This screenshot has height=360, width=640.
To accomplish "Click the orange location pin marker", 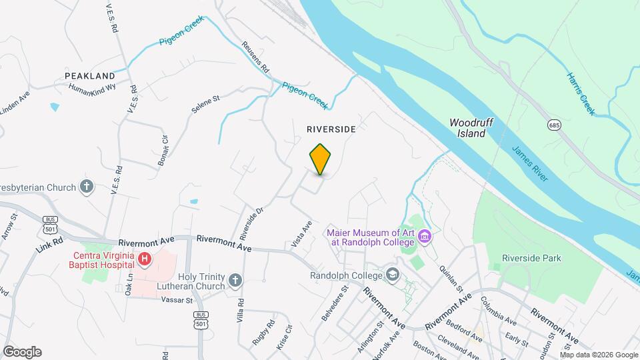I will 321,159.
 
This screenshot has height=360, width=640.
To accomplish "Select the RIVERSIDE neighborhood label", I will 331,128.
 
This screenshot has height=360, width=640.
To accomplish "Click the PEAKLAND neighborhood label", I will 90,77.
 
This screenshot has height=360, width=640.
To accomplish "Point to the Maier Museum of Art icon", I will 425,237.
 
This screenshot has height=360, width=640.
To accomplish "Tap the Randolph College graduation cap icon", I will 393,275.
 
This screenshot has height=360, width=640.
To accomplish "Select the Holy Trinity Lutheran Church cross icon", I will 235,281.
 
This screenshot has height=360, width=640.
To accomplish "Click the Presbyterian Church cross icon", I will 86,187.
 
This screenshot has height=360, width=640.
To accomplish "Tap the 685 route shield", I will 555,125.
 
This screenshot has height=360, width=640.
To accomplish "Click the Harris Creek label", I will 581,94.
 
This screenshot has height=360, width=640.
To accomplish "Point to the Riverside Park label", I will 531,258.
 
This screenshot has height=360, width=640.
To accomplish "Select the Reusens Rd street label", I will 255,57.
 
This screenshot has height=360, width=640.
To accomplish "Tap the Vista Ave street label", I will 302,236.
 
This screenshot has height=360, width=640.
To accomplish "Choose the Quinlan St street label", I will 451,275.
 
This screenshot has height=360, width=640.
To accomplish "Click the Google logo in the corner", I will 22,351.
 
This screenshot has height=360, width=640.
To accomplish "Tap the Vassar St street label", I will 177,300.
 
